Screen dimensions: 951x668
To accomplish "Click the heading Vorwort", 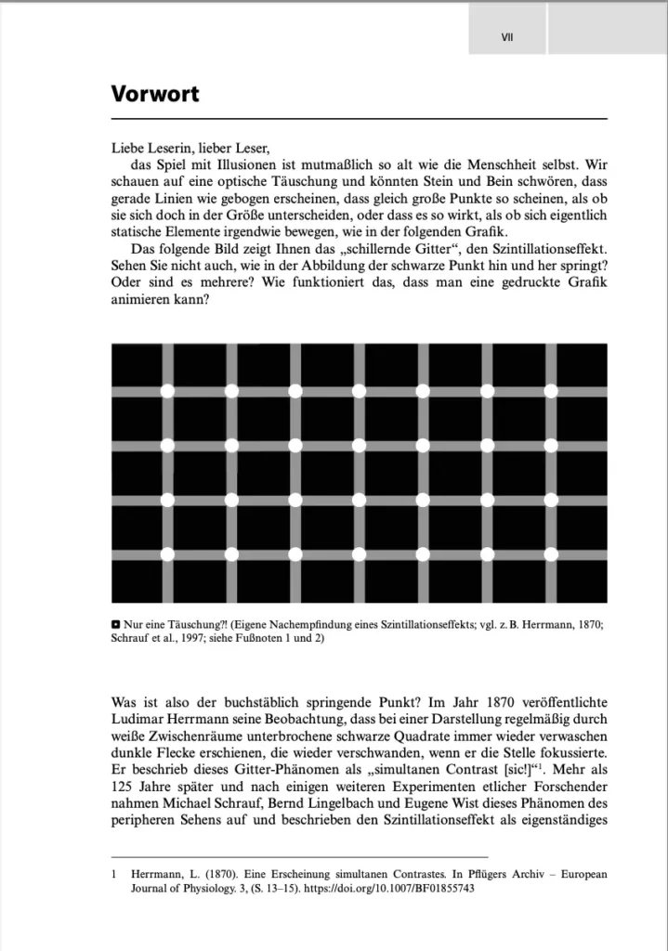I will [x=154, y=94].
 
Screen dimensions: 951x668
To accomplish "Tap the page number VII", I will [x=507, y=38].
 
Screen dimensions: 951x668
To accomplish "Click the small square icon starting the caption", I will [x=115, y=625].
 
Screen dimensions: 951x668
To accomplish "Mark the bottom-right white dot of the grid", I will [x=550, y=554].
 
